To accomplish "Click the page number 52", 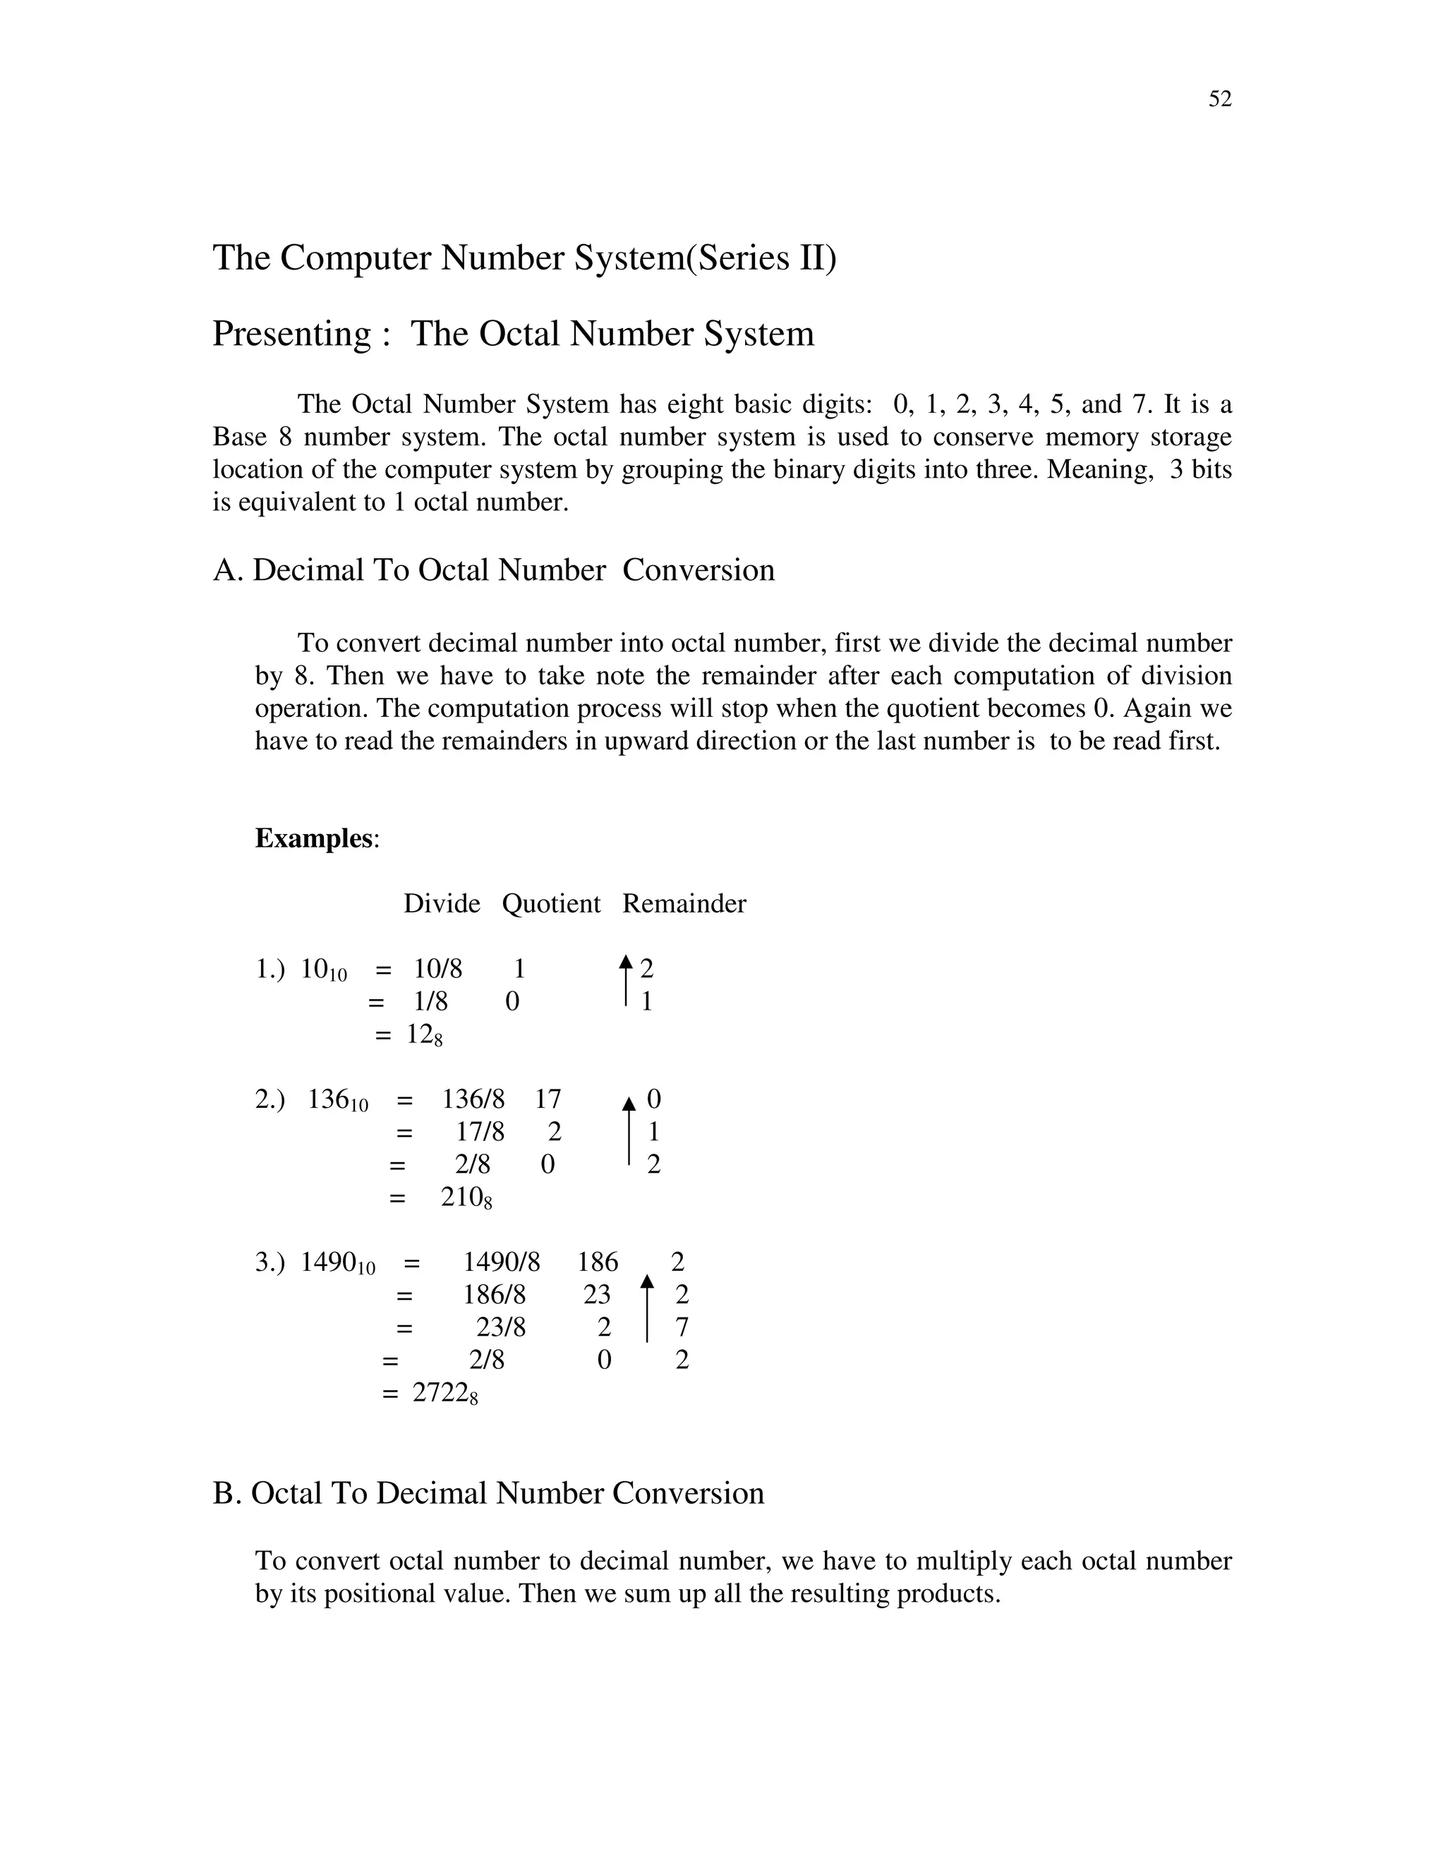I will click(1220, 99).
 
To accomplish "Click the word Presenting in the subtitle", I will click(292, 333).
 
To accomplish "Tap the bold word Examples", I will click(314, 838).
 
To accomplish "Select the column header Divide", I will click(442, 903).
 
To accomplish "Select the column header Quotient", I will click(551, 903).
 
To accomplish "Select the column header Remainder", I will click(684, 903).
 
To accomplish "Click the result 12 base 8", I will click(425, 1035).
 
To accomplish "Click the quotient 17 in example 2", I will click(548, 1099).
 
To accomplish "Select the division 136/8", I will click(473, 1099).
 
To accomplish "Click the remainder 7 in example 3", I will click(682, 1327).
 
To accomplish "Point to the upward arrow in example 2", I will click(629, 1130).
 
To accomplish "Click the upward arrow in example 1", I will click(626, 980).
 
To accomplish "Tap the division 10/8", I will click(438, 970).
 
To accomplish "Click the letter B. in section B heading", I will click(228, 1493).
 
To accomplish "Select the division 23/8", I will click(501, 1327).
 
